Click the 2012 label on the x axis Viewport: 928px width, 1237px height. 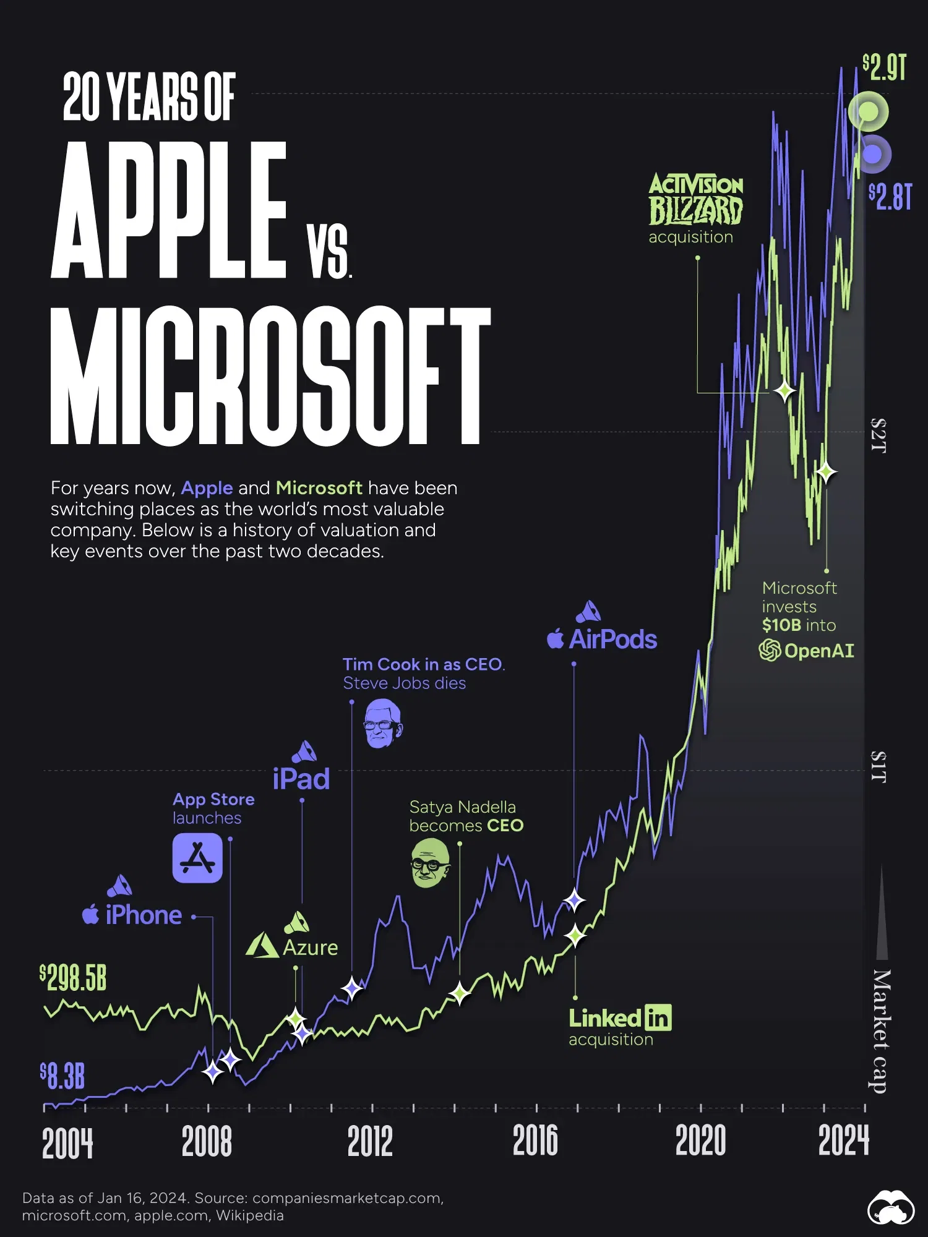point(370,1141)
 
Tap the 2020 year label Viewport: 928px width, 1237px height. point(700,1141)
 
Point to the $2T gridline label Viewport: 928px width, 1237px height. point(879,435)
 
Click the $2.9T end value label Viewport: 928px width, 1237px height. point(885,67)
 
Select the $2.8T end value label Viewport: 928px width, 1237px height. point(890,197)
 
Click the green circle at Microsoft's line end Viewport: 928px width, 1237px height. point(869,112)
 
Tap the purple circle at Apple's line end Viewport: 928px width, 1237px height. point(872,154)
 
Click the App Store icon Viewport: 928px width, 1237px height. point(197,858)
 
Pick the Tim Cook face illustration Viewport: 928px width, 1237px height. point(383,724)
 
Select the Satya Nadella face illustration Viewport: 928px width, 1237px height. point(430,863)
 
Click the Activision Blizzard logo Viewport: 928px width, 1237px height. point(695,199)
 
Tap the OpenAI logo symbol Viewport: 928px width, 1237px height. point(770,650)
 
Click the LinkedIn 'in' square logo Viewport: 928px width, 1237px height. point(658,1017)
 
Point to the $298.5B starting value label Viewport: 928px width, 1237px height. point(73,978)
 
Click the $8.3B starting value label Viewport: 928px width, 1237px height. point(62,1076)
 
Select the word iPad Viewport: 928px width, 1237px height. point(301,779)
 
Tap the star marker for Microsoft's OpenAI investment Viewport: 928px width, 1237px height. point(826,473)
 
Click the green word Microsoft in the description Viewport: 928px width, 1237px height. point(319,488)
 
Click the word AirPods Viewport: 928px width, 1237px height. point(612,640)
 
